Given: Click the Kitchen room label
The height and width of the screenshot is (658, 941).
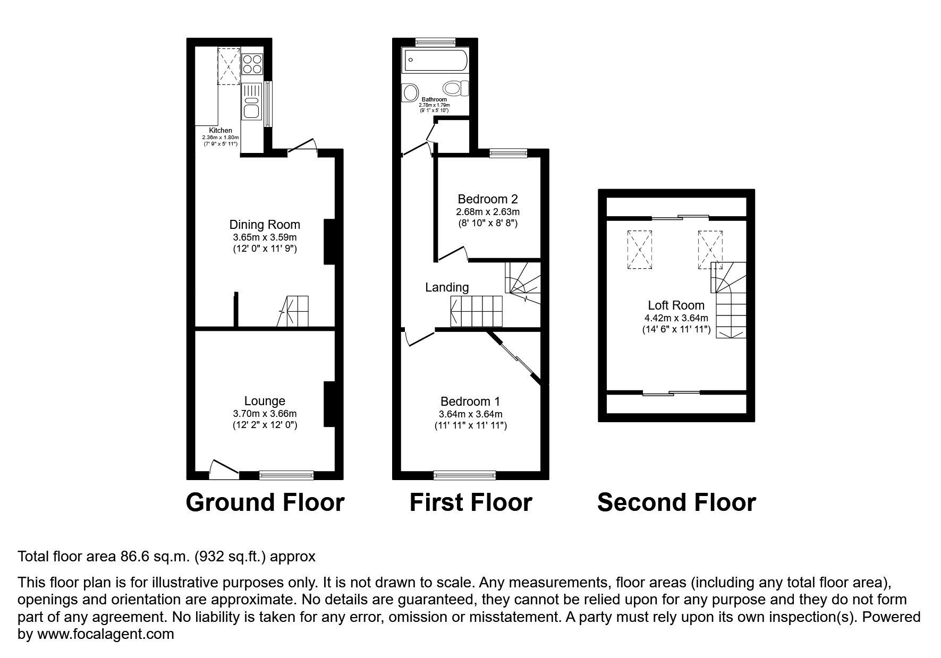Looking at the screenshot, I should (x=221, y=131).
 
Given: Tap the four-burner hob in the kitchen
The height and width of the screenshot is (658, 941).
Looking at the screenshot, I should (x=252, y=64).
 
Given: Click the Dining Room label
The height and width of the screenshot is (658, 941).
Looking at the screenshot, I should (x=265, y=225).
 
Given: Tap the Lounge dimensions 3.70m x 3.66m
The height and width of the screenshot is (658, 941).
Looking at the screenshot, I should (x=265, y=413).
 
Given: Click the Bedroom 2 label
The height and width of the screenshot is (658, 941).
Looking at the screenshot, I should (x=488, y=199).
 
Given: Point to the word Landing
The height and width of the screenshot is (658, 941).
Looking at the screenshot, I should (x=447, y=287).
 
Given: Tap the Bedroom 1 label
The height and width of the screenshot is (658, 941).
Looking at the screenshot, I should (x=470, y=401).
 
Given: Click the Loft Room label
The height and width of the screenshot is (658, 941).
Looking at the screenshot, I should (x=676, y=305).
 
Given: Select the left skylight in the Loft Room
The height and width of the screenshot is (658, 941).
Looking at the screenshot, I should (x=640, y=250).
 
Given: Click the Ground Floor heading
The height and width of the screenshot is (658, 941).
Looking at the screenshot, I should (x=265, y=502).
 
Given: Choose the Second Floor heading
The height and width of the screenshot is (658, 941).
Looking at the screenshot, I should (x=676, y=502).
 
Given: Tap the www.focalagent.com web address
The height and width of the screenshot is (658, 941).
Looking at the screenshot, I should (x=104, y=634).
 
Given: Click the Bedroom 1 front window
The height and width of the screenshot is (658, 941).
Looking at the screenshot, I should (x=465, y=475).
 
